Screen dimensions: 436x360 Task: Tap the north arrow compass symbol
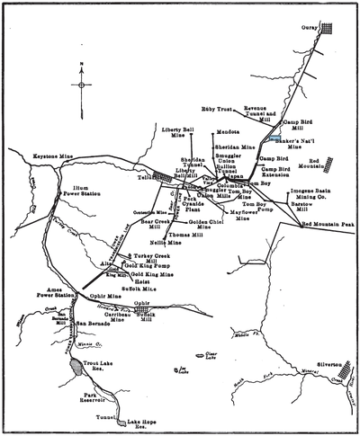tap(82, 85)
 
